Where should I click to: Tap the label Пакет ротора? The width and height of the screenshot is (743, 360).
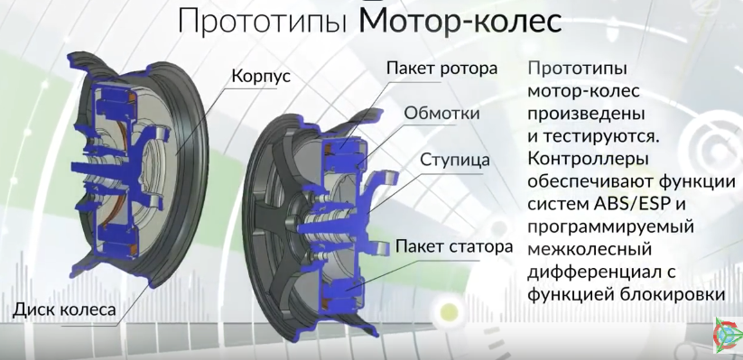coord(441,69)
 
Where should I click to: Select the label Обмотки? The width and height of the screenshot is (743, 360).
coord(442,114)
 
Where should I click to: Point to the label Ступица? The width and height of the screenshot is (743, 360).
coord(455,160)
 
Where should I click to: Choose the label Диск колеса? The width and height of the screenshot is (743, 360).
coord(65,310)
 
